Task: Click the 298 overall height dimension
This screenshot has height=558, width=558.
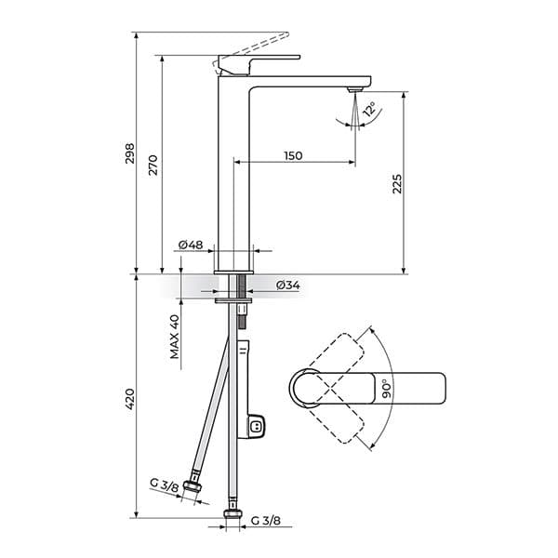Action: (130, 153)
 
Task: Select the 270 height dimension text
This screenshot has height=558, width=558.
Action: (154, 165)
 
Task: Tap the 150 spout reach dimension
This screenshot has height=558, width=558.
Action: (293, 156)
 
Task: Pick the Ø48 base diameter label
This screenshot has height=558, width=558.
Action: (190, 245)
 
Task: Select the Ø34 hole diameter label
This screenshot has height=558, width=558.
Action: (288, 286)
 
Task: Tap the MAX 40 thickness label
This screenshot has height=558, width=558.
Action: (174, 337)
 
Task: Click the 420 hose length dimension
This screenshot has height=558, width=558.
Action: (130, 398)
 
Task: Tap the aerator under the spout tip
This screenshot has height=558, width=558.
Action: (352, 90)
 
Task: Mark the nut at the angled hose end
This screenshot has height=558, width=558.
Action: (194, 487)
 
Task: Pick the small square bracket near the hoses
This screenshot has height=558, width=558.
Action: (258, 426)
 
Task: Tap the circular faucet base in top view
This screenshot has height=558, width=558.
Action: (306, 388)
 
